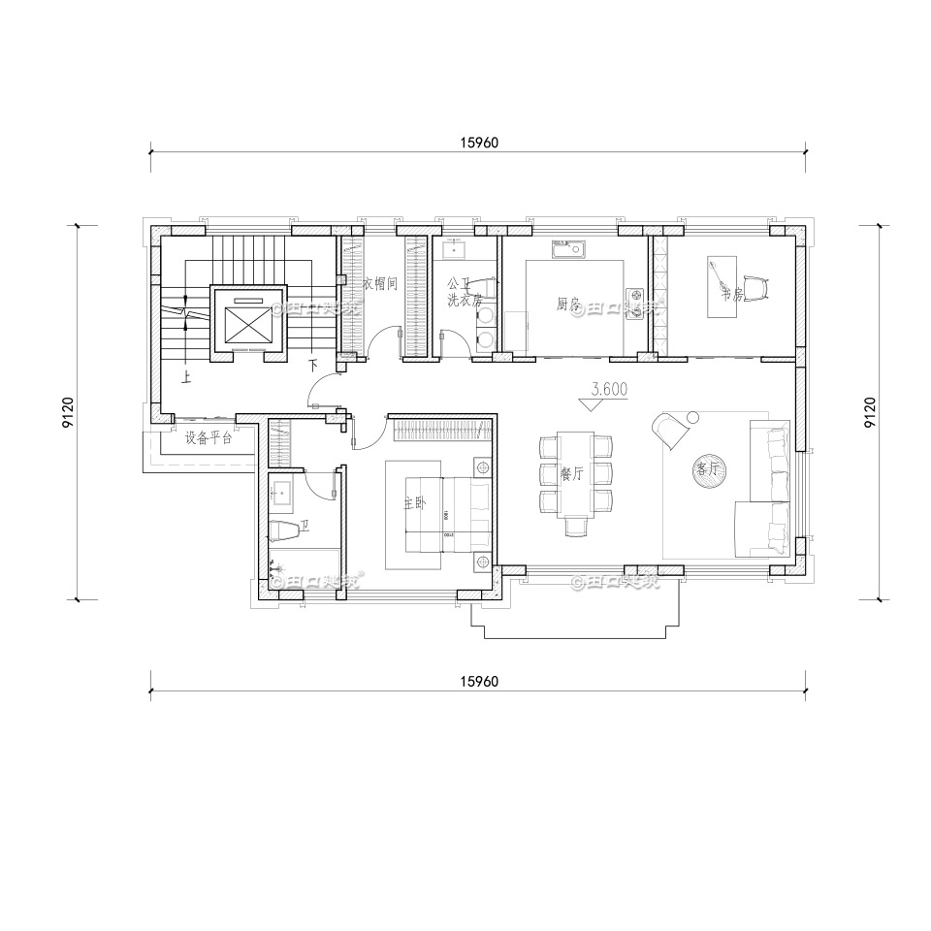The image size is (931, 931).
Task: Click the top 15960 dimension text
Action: [478, 143]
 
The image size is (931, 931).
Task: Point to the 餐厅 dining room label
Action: [571, 474]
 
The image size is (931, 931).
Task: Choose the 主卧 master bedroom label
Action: [415, 504]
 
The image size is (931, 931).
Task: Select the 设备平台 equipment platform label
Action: [209, 437]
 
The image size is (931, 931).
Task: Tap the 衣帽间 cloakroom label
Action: [381, 284]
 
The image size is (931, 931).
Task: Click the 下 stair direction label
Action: [312, 366]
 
